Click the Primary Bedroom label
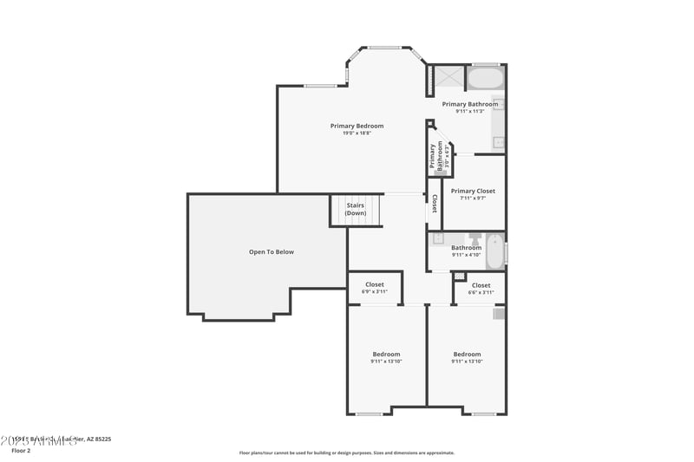pos(357,126)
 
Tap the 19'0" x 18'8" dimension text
pos(357,133)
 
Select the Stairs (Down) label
pos(356,209)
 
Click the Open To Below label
pos(272,252)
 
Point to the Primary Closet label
pos(473,191)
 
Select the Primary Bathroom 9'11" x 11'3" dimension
pos(476,111)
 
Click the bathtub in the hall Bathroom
pos(494,251)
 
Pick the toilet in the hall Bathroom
pos(475,238)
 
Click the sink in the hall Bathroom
pos(438,238)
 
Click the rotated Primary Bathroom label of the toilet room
pos(435,155)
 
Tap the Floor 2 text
pos(21,451)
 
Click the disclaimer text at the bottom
pos(347,452)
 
